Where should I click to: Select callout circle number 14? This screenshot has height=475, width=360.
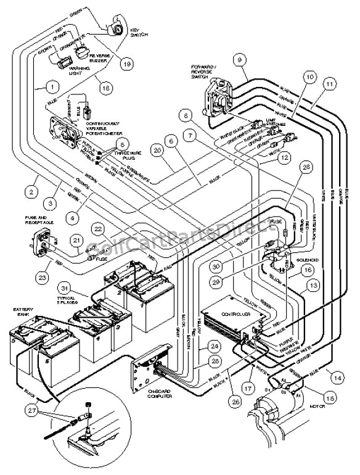(337, 375)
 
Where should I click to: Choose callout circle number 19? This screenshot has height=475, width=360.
(128, 62)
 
